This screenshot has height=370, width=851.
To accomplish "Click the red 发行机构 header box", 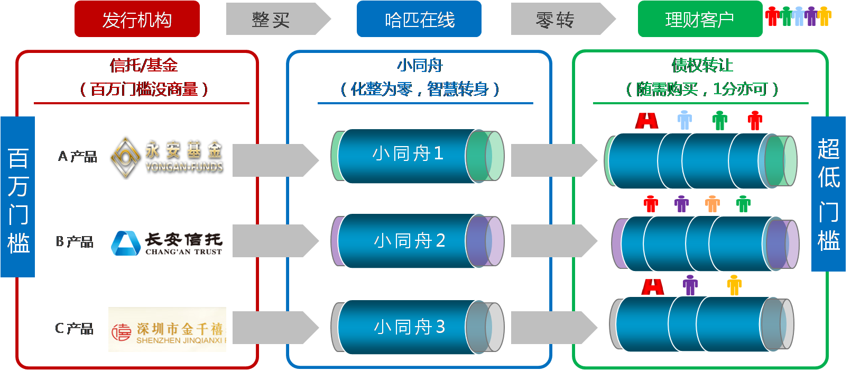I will [137, 19].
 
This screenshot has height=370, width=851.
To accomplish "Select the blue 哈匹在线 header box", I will [419, 19].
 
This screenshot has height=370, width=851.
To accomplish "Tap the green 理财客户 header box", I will [700, 19].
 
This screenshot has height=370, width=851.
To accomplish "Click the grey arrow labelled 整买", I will [275, 19].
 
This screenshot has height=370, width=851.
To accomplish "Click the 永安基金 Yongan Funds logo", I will [166, 157].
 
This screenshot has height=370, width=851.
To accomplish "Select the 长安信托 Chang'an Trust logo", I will [167, 240].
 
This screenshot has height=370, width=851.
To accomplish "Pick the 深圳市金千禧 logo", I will [167, 329].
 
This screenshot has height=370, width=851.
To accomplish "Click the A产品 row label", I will [77, 157].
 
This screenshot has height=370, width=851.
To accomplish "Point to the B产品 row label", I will [75, 242].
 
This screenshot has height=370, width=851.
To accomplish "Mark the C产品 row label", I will [74, 329].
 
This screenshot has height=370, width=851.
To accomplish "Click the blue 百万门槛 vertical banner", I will [18, 197].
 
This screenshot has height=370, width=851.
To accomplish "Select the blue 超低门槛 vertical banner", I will [828, 194].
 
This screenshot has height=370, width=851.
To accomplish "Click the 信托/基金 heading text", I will [144, 66].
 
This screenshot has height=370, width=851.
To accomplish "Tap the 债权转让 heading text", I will [702, 66].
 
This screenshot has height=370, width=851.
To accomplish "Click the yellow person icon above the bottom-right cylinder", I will [734, 285].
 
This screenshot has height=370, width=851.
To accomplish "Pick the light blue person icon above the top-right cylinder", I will [684, 120].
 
